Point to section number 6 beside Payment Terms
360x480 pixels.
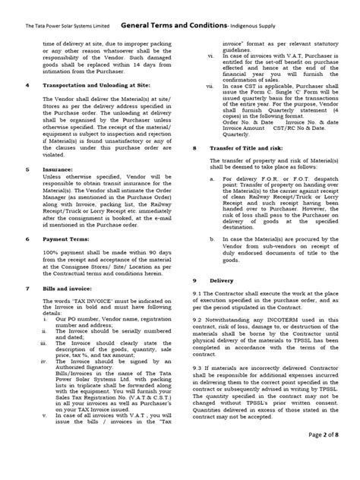click(x=28, y=238)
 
